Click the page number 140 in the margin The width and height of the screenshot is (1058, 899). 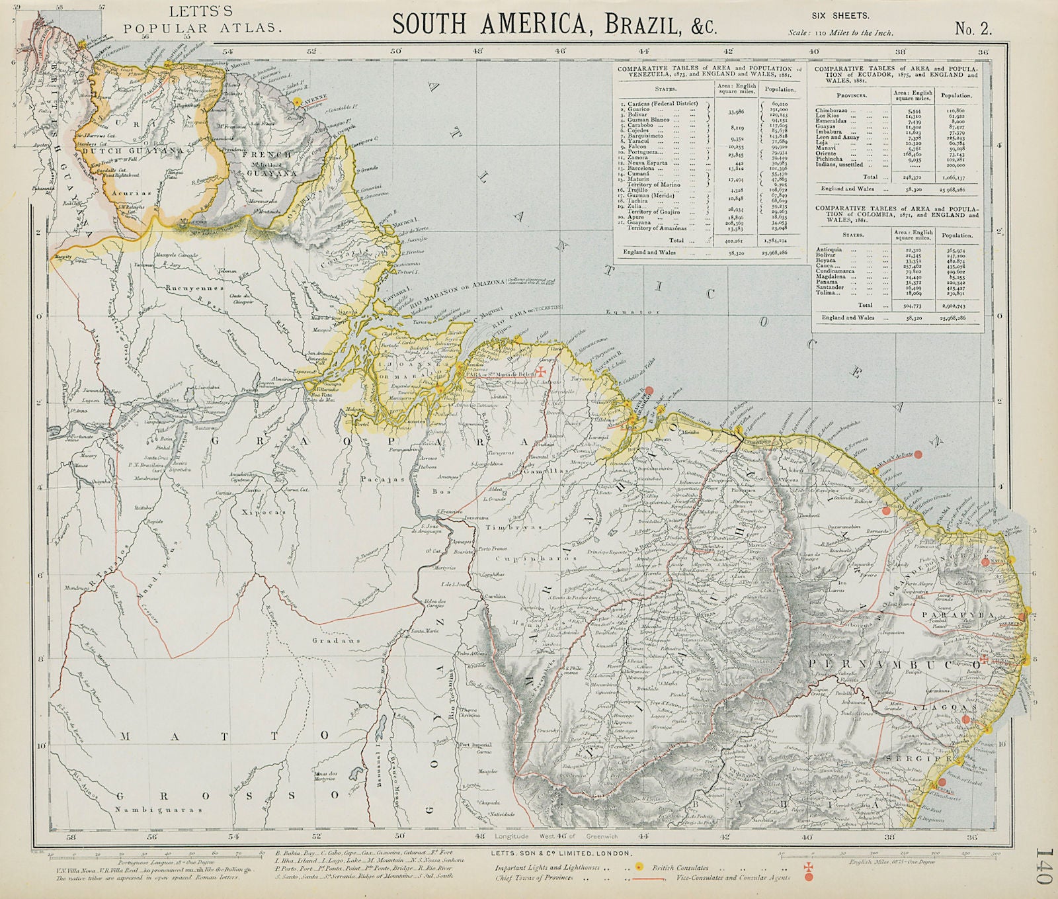pos(1043,867)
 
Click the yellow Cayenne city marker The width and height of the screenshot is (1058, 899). pos(298,101)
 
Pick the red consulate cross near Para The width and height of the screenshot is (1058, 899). pos(542,371)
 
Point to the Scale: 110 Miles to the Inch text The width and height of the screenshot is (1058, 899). pos(840,32)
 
